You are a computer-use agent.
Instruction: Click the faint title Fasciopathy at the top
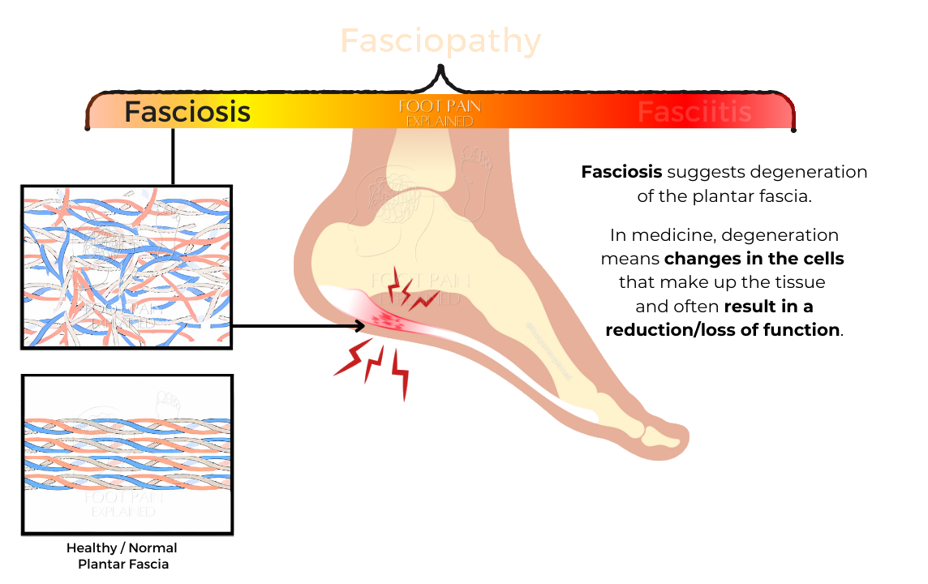(440, 41)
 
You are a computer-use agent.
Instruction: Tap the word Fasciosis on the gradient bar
(187, 111)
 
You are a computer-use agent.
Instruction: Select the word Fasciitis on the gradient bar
(694, 112)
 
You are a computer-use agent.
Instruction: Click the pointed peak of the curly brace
(440, 68)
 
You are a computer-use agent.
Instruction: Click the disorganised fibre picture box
(127, 267)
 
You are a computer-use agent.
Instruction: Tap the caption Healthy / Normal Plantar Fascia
(122, 556)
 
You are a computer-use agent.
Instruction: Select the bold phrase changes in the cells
(754, 260)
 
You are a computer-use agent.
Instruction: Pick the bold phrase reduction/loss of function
(722, 330)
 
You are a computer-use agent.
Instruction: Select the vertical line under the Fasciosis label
(173, 156)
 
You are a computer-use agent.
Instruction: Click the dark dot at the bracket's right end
(793, 129)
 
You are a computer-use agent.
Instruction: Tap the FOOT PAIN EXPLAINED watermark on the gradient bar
(440, 114)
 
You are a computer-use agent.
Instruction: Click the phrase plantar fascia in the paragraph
(759, 196)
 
